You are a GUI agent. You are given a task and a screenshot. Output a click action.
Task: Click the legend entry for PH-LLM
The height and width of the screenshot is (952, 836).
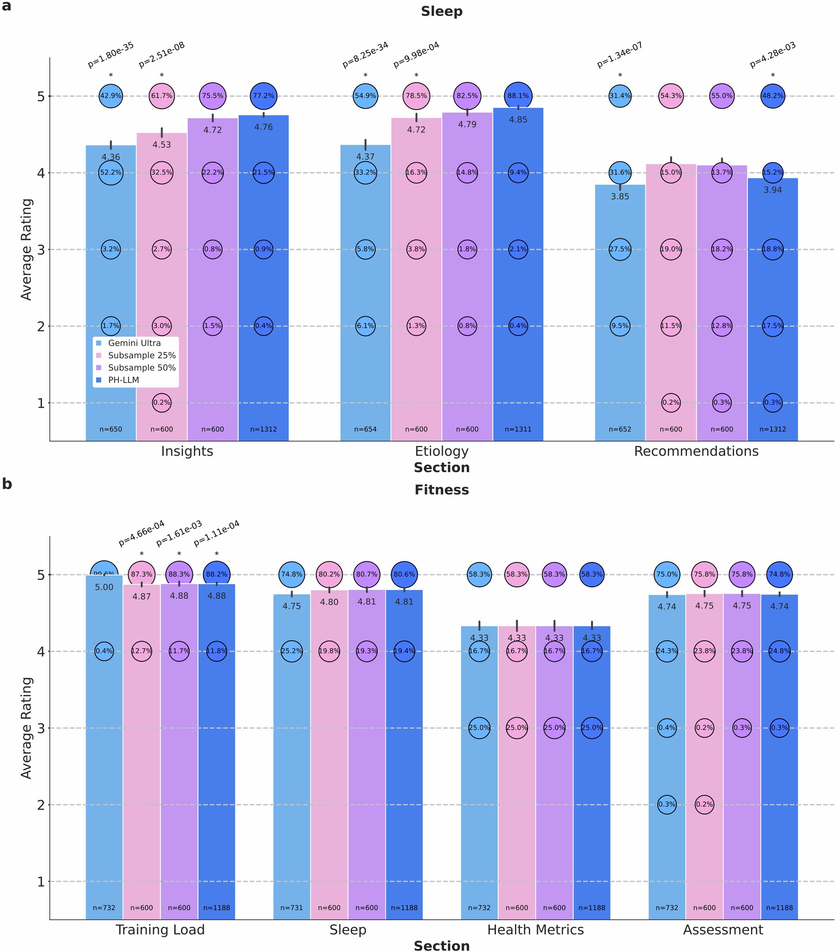[x=123, y=380]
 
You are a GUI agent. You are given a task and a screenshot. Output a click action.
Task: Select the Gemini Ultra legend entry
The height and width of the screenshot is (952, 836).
[x=133, y=343]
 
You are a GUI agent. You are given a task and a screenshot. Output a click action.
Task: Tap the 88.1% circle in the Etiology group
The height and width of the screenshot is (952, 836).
[x=518, y=96]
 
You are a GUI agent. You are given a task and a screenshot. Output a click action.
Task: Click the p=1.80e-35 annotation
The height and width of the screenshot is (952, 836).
[x=111, y=55]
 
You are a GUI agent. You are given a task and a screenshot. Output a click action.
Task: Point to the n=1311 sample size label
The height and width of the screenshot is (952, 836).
[x=518, y=430]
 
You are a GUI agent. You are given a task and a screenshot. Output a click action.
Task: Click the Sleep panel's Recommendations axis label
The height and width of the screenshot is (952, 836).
[x=696, y=451]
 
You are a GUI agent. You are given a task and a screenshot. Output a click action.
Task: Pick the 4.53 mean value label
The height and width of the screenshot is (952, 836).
[x=162, y=145]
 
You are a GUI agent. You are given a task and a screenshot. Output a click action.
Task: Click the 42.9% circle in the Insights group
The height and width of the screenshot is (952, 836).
[x=111, y=96]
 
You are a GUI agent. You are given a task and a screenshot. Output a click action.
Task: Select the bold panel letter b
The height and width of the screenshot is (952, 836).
[x=7, y=484]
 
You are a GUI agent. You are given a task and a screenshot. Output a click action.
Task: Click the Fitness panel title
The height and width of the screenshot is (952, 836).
[x=442, y=490]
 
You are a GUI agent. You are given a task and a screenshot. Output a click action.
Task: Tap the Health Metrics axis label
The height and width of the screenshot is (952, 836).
[x=535, y=930]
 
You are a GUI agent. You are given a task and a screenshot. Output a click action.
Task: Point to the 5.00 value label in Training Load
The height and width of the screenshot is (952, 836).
[x=104, y=587]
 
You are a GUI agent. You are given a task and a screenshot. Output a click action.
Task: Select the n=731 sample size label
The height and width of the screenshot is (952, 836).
[x=292, y=908]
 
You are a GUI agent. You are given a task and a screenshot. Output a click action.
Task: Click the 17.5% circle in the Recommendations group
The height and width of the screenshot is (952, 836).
[x=772, y=326]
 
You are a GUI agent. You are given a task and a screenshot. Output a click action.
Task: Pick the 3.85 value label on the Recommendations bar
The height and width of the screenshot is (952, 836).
[x=620, y=197]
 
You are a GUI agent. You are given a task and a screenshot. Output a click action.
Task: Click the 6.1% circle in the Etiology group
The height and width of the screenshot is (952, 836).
[x=365, y=326]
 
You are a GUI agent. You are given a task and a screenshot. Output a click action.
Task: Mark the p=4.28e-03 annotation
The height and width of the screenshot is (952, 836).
[x=772, y=55]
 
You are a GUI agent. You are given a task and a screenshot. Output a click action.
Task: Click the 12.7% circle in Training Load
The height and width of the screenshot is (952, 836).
[x=142, y=651]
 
